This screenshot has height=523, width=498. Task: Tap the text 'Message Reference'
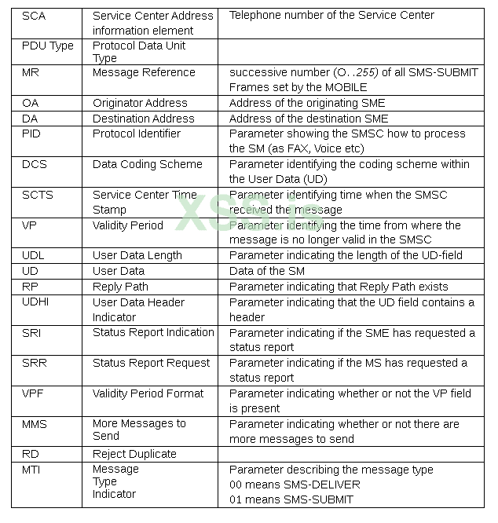(144, 72)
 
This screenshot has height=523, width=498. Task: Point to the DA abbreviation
(30, 119)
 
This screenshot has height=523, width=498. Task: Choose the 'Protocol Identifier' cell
(137, 133)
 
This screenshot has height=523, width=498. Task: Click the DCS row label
(35, 164)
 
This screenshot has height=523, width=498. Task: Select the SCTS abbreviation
(38, 195)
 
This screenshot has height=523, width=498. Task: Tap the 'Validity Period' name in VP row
(128, 225)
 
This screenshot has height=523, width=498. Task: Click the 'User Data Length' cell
(137, 255)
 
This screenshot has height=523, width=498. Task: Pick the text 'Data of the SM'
(267, 271)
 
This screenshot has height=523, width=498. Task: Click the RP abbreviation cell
(30, 287)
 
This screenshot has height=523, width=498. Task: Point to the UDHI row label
(36, 302)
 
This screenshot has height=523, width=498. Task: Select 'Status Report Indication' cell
(153, 333)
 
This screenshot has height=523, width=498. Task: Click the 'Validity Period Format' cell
(148, 393)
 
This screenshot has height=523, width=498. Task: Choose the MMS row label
(35, 424)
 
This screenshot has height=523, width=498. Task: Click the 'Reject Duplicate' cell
(134, 454)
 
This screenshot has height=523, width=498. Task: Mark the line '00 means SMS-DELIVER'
(295, 485)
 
